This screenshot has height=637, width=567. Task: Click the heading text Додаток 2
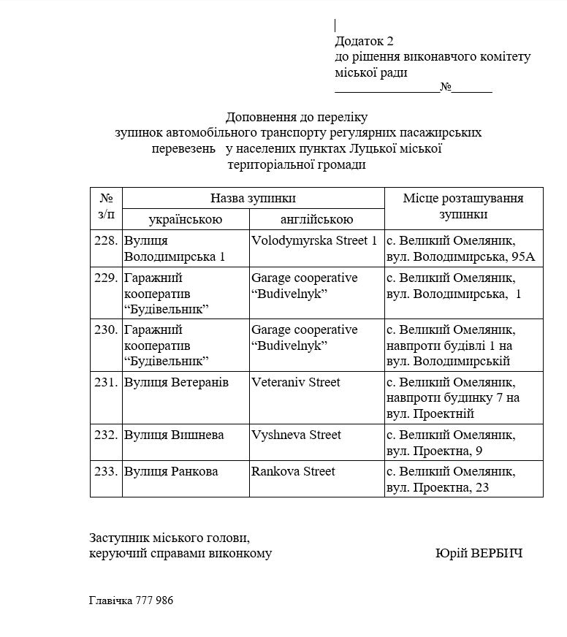click(x=364, y=41)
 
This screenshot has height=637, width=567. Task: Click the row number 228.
click(x=106, y=240)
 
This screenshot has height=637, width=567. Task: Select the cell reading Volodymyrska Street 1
click(x=314, y=240)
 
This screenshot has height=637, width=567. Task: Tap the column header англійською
click(x=316, y=219)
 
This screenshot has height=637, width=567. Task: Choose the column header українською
click(x=186, y=219)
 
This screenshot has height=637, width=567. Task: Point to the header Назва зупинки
click(x=253, y=198)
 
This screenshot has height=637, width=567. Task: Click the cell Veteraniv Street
click(x=296, y=382)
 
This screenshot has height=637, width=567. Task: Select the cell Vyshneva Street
click(x=296, y=435)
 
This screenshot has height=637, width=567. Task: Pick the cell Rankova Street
click(x=293, y=471)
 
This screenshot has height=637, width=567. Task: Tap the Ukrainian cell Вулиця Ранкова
click(x=171, y=471)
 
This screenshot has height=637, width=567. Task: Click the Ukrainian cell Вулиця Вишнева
click(x=174, y=435)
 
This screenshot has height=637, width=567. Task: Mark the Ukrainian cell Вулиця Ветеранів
click(x=176, y=382)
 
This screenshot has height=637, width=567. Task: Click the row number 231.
click(x=106, y=382)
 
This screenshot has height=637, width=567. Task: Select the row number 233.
click(x=106, y=471)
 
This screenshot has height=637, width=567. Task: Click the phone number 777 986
click(x=155, y=600)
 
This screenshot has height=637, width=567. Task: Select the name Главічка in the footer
click(x=111, y=600)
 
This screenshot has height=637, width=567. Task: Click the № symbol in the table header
click(x=106, y=198)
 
